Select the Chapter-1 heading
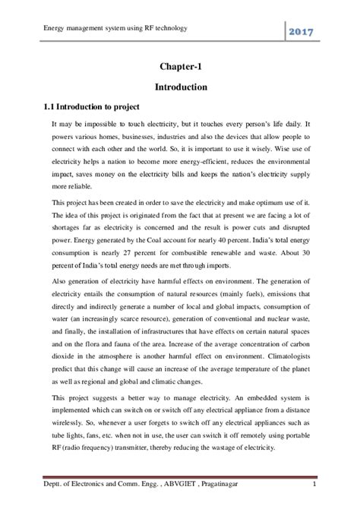coord(180,67)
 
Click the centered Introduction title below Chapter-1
coord(180,87)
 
